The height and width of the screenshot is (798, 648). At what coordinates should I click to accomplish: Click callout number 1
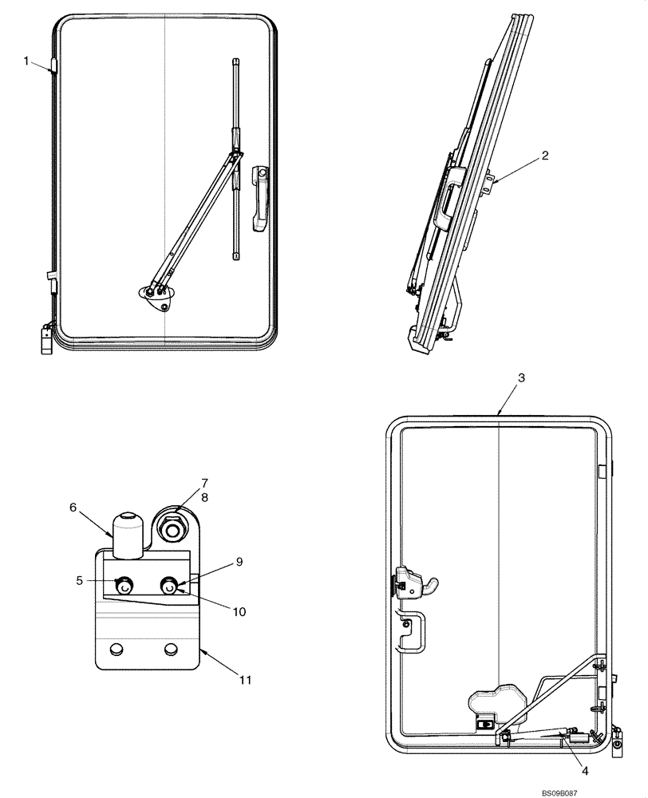pyautogui.click(x=26, y=60)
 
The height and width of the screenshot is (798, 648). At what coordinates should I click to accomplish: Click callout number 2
pyautogui.click(x=544, y=156)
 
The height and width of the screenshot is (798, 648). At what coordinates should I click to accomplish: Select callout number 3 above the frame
pyautogui.click(x=520, y=377)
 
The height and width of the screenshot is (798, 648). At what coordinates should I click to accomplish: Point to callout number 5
pyautogui.click(x=80, y=580)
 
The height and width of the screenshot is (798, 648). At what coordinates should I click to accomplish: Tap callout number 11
pyautogui.click(x=245, y=680)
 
